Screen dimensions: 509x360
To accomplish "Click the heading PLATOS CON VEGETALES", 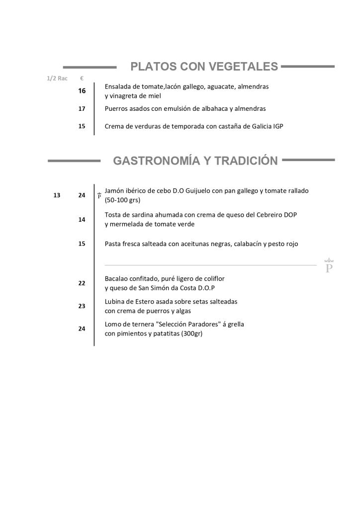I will click(x=204, y=67).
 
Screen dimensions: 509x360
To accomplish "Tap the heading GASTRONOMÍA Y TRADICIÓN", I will click(x=195, y=161).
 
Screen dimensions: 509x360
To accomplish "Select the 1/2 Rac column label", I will click(x=57, y=79).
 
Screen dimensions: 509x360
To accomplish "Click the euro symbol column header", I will click(x=82, y=79).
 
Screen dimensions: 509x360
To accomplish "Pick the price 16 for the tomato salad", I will click(x=82, y=91).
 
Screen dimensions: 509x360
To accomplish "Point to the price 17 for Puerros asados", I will click(x=82, y=108).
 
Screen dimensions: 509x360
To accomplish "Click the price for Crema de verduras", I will click(x=82, y=126).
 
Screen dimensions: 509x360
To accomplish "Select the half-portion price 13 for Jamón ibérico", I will click(x=57, y=195).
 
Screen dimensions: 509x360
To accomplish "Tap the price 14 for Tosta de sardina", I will click(x=82, y=219).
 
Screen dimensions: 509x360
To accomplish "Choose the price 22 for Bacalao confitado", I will click(x=82, y=283).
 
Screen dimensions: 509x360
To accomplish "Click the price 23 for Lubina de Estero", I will click(x=82, y=306).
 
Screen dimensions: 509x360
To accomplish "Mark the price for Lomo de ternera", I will click(x=82, y=329).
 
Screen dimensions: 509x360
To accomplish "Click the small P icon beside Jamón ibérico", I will click(x=99, y=195).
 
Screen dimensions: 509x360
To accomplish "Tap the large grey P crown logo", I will click(x=329, y=266).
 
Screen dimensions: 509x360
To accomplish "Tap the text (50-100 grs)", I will click(x=122, y=200).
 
